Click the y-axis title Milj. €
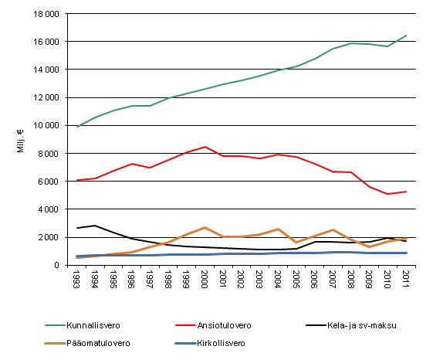[21, 140]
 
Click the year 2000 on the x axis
[205, 280]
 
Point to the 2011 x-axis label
[406, 280]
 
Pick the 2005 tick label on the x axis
[296, 280]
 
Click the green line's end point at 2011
[406, 36]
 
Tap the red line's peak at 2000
[205, 147]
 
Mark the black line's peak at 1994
[95, 226]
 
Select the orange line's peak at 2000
[205, 228]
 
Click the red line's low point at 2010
[387, 194]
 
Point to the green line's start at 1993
[77, 127]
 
